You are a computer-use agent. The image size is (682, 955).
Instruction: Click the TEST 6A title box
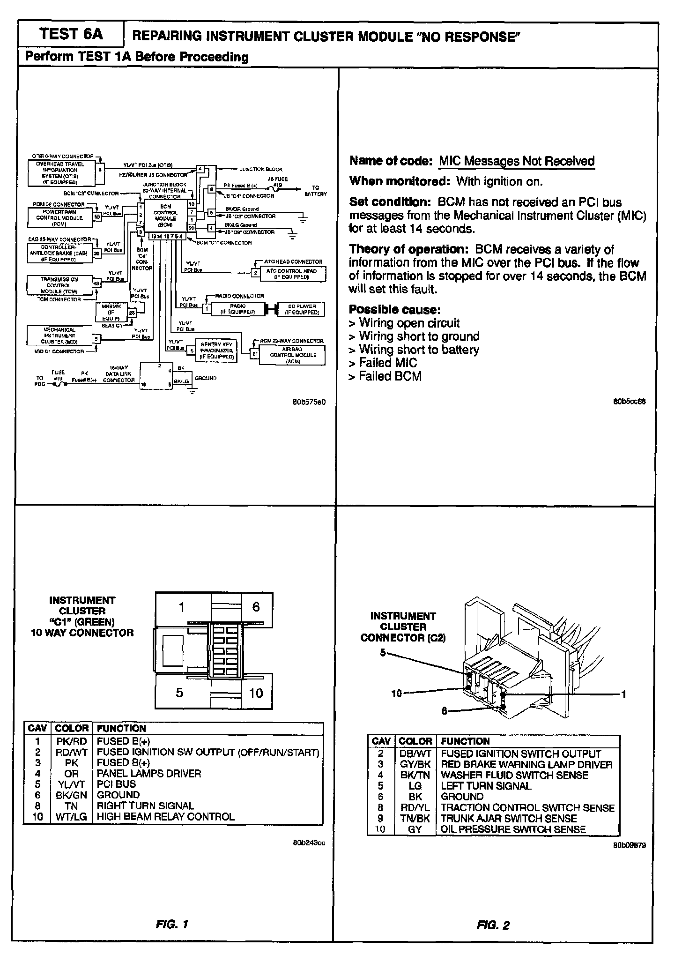[x=71, y=34]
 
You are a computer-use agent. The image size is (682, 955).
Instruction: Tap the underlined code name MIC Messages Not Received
[x=516, y=161]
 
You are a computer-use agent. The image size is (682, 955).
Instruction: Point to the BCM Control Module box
[x=166, y=216]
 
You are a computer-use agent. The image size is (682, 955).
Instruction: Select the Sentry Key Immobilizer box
[x=216, y=351]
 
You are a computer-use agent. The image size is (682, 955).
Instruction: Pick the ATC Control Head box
[x=291, y=274]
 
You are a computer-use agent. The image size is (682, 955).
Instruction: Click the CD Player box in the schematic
[x=300, y=309]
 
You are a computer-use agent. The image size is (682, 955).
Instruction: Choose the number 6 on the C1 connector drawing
[x=256, y=607]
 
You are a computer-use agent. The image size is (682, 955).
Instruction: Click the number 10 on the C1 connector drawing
[x=256, y=693]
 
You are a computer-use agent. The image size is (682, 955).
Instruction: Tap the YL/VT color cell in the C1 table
[x=71, y=783]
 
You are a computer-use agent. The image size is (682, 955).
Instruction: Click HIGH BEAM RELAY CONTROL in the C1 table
[x=165, y=816]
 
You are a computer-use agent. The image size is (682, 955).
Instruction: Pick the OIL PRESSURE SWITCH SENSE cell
[x=513, y=829]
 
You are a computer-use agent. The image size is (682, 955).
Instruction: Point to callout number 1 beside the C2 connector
[x=623, y=694]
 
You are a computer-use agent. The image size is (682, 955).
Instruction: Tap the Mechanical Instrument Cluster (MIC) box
[x=59, y=336]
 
